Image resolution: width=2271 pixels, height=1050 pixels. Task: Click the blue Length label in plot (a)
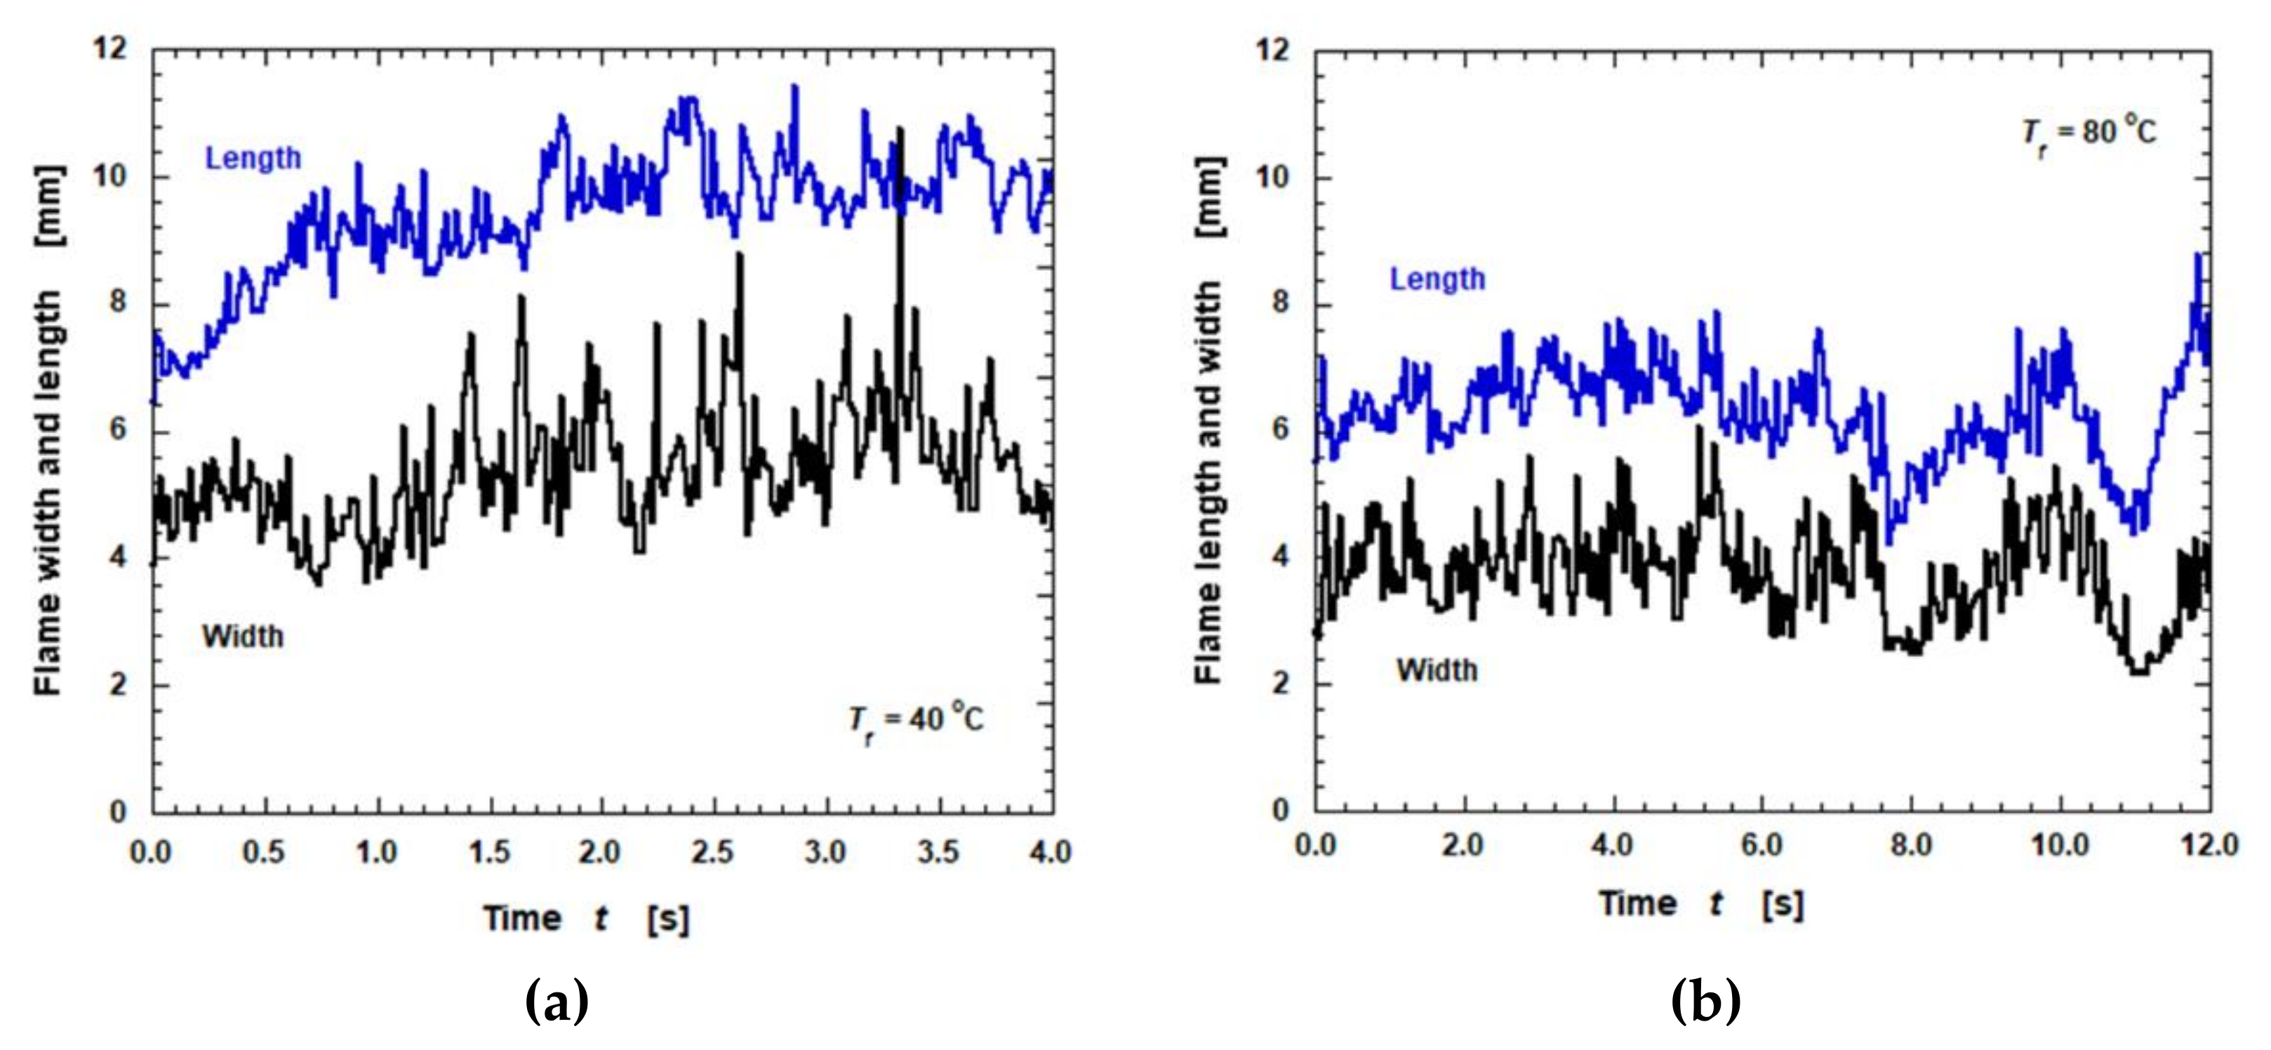(x=253, y=159)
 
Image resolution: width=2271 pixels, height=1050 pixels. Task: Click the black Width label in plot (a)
(x=244, y=637)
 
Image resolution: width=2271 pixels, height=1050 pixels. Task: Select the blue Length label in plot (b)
(x=1438, y=279)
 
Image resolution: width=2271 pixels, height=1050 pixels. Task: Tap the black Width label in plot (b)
(x=1437, y=671)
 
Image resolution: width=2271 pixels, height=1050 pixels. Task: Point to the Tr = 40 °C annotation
(x=916, y=721)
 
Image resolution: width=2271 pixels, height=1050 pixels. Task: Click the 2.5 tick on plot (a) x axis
(x=712, y=853)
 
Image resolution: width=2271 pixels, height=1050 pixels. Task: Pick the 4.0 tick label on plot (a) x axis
(x=1050, y=853)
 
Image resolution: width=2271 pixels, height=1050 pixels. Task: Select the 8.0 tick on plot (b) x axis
(x=1910, y=846)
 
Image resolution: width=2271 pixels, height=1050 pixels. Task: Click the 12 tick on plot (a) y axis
(x=110, y=48)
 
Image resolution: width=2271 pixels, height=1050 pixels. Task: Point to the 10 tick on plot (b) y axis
(x=1272, y=177)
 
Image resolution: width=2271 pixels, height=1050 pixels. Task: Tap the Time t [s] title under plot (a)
(x=586, y=919)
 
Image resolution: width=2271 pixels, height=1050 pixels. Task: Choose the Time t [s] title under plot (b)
(x=1701, y=903)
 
